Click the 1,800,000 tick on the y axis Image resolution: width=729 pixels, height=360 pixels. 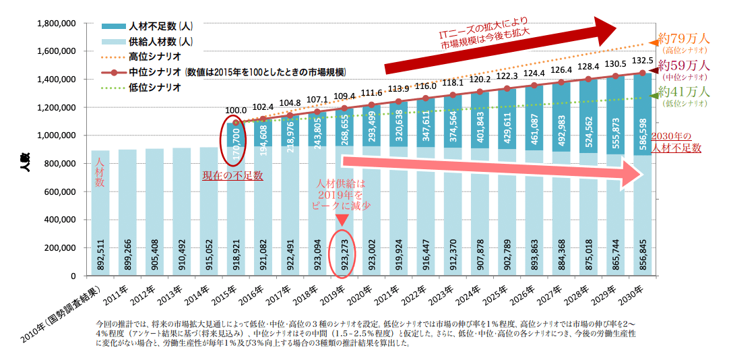click(55, 24)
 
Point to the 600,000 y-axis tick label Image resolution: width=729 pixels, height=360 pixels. click(57, 191)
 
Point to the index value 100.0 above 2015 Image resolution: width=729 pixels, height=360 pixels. click(236, 110)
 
